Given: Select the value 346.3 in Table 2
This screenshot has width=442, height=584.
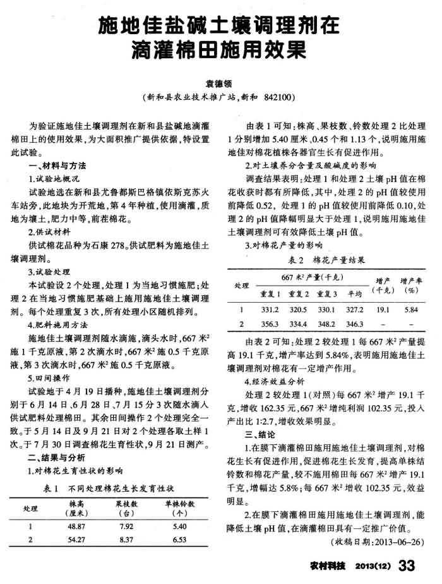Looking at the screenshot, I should point(355,324).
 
